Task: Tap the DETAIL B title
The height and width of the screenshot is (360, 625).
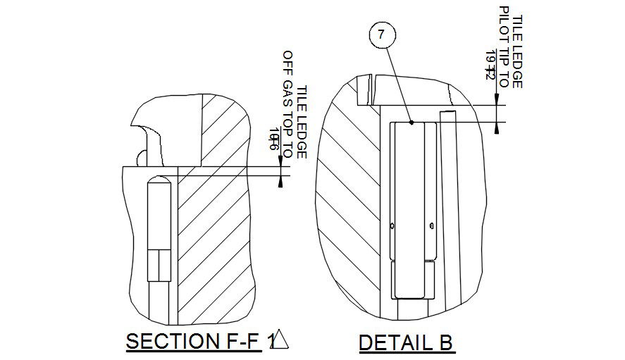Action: click(406, 342)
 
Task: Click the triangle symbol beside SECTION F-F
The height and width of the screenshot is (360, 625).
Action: click(280, 340)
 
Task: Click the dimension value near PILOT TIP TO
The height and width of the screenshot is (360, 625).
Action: click(492, 65)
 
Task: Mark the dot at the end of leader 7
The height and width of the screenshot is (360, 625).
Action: click(412, 122)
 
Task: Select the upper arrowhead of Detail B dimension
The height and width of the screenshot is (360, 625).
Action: click(497, 99)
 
